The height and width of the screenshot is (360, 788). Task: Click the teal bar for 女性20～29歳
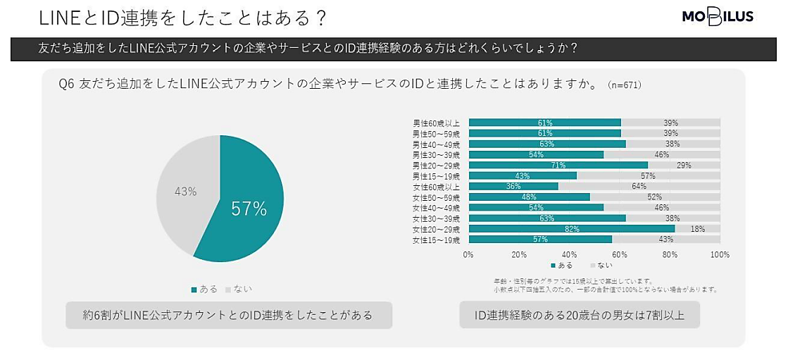click(571, 229)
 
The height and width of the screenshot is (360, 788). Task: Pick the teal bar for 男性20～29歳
click(558, 165)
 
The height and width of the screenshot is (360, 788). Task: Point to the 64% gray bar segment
click(639, 186)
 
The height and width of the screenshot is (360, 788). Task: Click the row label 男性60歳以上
click(436, 123)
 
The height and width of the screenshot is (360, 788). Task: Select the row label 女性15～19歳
click(436, 240)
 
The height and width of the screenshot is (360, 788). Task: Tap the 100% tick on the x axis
click(720, 254)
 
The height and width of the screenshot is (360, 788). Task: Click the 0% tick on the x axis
click(468, 254)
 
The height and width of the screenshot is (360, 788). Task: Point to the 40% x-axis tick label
click(569, 254)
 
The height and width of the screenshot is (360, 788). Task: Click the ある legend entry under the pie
click(204, 289)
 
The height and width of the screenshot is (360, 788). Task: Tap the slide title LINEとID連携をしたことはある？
click(182, 17)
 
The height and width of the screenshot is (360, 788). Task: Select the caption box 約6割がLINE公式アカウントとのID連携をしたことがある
click(228, 315)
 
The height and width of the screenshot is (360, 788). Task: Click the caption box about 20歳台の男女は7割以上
click(580, 315)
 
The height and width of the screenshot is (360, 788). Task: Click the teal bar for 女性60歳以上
click(513, 186)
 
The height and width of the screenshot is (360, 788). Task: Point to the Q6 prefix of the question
click(67, 85)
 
